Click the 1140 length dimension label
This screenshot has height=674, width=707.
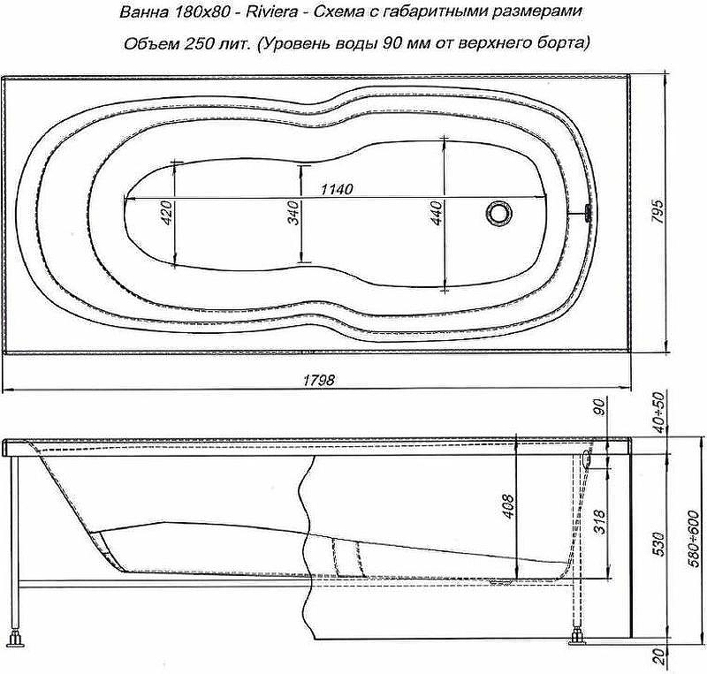[x=337, y=189]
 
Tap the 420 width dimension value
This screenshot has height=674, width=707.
[x=166, y=213]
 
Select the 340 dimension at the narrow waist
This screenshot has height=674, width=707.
[x=293, y=213]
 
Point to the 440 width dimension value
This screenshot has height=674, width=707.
[x=437, y=213]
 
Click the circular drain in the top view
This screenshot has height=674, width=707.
[x=499, y=212]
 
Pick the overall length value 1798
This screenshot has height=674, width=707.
[x=319, y=381]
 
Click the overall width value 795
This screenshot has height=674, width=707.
[x=658, y=211]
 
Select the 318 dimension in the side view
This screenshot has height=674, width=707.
[x=600, y=521]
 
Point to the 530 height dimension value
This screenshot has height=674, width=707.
[x=658, y=544]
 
